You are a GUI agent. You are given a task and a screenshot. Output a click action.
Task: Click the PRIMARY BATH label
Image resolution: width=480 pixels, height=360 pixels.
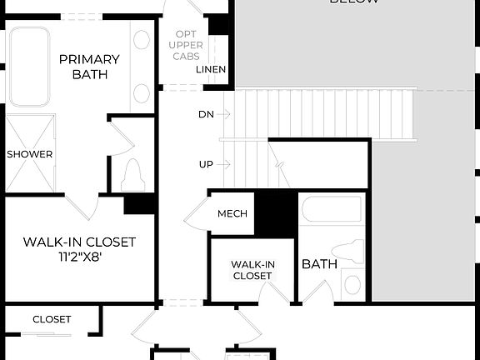point(89,67)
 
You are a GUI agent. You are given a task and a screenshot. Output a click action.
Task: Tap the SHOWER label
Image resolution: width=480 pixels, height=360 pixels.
point(30,154)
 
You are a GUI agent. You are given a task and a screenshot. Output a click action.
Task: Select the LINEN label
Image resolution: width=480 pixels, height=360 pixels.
point(211,69)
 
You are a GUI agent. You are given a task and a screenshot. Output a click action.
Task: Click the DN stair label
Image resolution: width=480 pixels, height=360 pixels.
point(206,113)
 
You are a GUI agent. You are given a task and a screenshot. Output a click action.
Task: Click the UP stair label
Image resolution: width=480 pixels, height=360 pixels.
point(206,164)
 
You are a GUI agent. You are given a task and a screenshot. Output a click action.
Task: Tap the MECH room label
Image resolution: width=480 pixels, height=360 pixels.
point(232,214)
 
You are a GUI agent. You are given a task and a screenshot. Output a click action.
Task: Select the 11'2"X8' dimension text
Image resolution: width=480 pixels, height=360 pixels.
point(79,257)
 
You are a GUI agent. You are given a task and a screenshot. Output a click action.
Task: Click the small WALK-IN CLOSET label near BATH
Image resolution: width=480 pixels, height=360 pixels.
point(252,270)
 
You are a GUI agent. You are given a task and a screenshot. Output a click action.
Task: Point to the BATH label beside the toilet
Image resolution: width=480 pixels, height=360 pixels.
point(319,264)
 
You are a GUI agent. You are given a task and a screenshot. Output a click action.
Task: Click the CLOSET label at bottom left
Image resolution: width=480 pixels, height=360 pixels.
point(52,319)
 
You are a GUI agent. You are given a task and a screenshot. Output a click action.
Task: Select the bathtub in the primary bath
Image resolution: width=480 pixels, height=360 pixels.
point(30,67)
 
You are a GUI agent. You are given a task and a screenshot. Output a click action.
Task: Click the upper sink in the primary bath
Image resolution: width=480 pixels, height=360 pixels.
point(142,40)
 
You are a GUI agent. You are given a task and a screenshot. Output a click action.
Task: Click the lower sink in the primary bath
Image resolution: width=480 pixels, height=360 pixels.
point(142,92)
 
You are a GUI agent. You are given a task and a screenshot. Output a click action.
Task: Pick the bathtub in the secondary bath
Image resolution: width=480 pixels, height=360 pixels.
point(331,210)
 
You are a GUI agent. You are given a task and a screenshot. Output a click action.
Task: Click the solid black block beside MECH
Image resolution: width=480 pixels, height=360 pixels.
point(275,214)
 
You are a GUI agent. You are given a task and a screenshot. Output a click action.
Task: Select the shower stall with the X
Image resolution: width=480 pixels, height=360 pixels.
point(30,154)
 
